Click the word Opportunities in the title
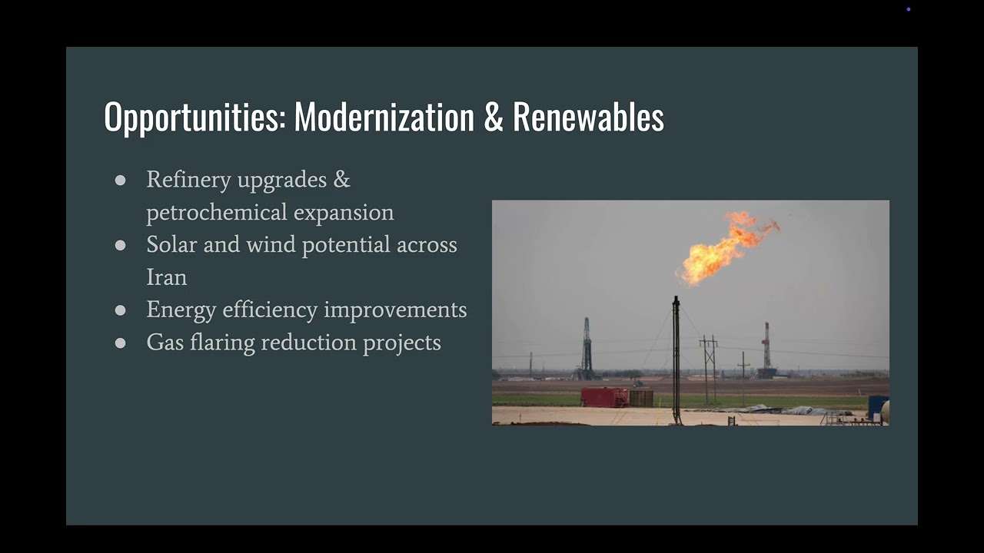[194, 118]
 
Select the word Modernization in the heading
[384, 118]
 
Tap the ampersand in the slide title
[493, 118]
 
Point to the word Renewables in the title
[588, 118]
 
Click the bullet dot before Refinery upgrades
[120, 180]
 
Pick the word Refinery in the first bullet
[188, 180]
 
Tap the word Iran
[166, 277]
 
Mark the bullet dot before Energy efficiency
[120, 310]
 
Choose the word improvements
[395, 310]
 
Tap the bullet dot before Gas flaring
[120, 343]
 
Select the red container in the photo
[604, 397]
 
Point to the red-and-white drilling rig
[766, 349]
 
